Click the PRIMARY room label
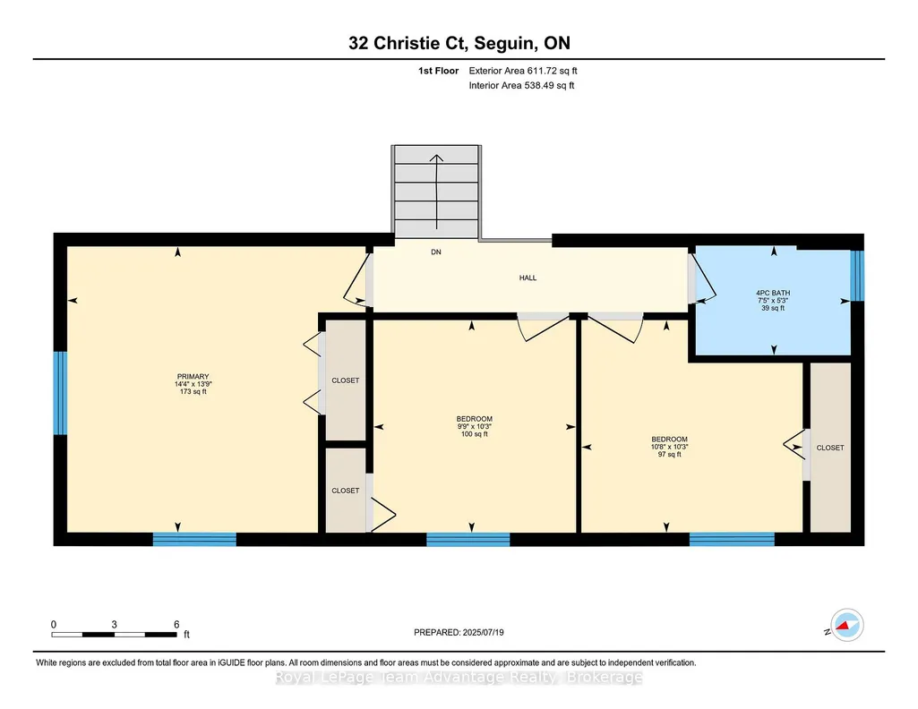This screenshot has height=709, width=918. tap(193, 377)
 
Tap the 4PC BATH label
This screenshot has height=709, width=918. tap(773, 293)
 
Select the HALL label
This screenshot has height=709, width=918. tap(528, 278)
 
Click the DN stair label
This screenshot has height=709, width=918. tap(436, 252)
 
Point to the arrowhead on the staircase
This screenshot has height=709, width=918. tap(437, 158)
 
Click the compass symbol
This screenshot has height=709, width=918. tap(846, 625)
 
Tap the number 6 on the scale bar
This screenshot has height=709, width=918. tap(176, 624)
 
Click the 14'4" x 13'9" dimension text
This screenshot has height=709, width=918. tap(193, 384)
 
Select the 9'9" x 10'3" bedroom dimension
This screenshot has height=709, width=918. tap(474, 426)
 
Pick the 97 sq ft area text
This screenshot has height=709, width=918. tap(669, 454)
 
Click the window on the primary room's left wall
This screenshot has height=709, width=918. tap(60, 393)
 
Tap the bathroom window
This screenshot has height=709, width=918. tap(857, 276)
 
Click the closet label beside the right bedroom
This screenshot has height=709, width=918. tap(830, 448)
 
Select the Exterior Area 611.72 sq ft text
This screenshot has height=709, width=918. tap(523, 71)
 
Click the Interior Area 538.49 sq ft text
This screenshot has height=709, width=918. tap(521, 85)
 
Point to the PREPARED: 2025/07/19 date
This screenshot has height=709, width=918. tap(459, 632)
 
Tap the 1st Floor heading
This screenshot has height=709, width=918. tap(438, 71)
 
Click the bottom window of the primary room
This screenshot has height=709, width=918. tap(194, 539)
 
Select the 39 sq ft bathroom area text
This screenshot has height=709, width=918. tap(773, 308)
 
